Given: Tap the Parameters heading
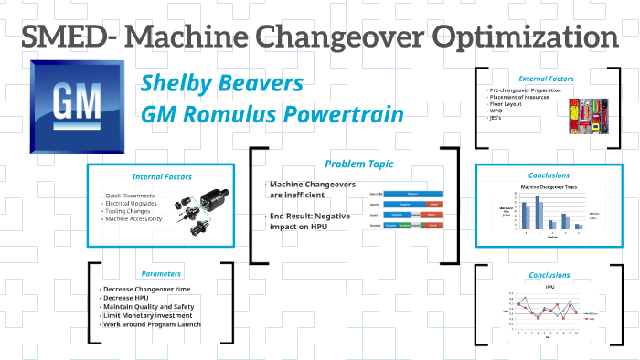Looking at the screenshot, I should (160, 272).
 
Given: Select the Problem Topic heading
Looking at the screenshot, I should (358, 164).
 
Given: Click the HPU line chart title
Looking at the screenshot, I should (550, 286).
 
